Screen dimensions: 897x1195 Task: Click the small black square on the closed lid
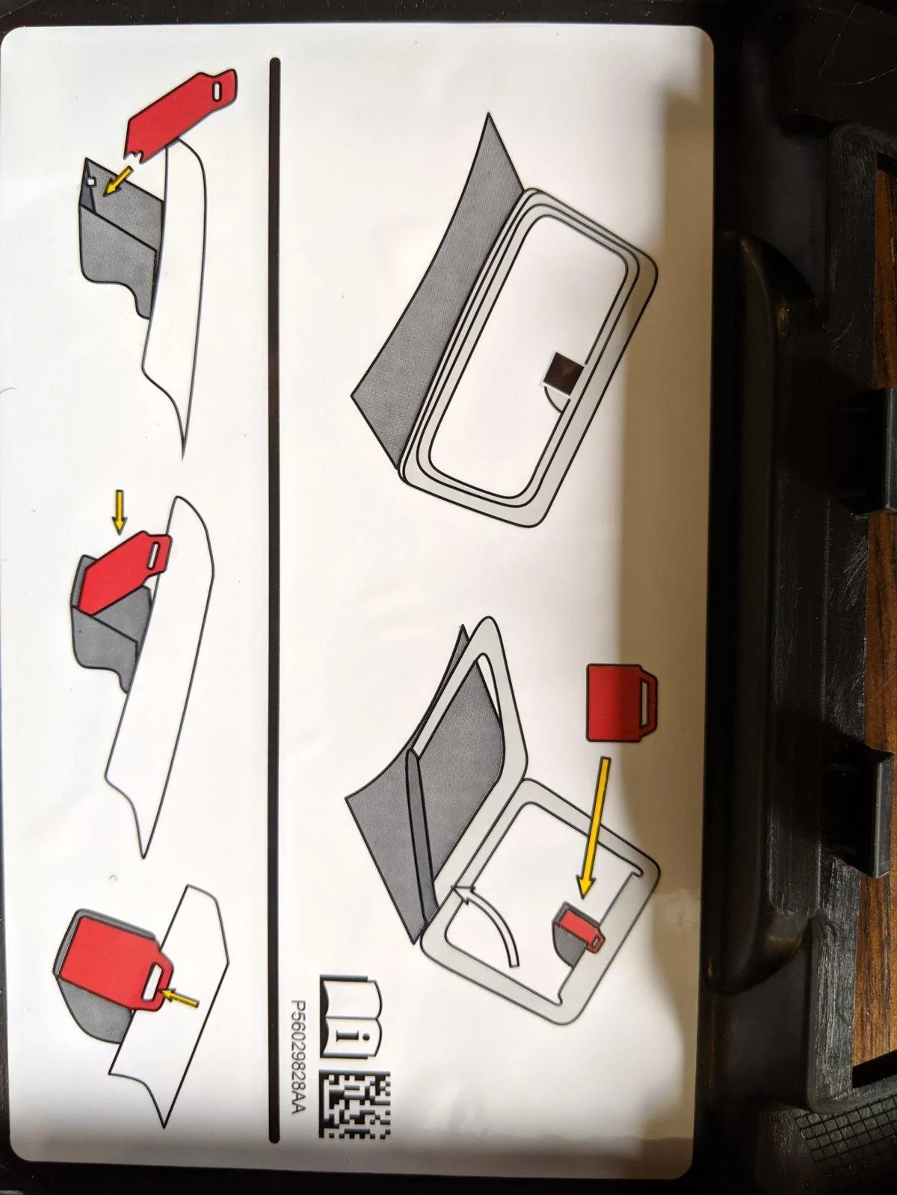(567, 372)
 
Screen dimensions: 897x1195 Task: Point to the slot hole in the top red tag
(218, 91)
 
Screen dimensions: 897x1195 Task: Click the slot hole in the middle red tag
(157, 550)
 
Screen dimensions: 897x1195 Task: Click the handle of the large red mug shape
(648, 702)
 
